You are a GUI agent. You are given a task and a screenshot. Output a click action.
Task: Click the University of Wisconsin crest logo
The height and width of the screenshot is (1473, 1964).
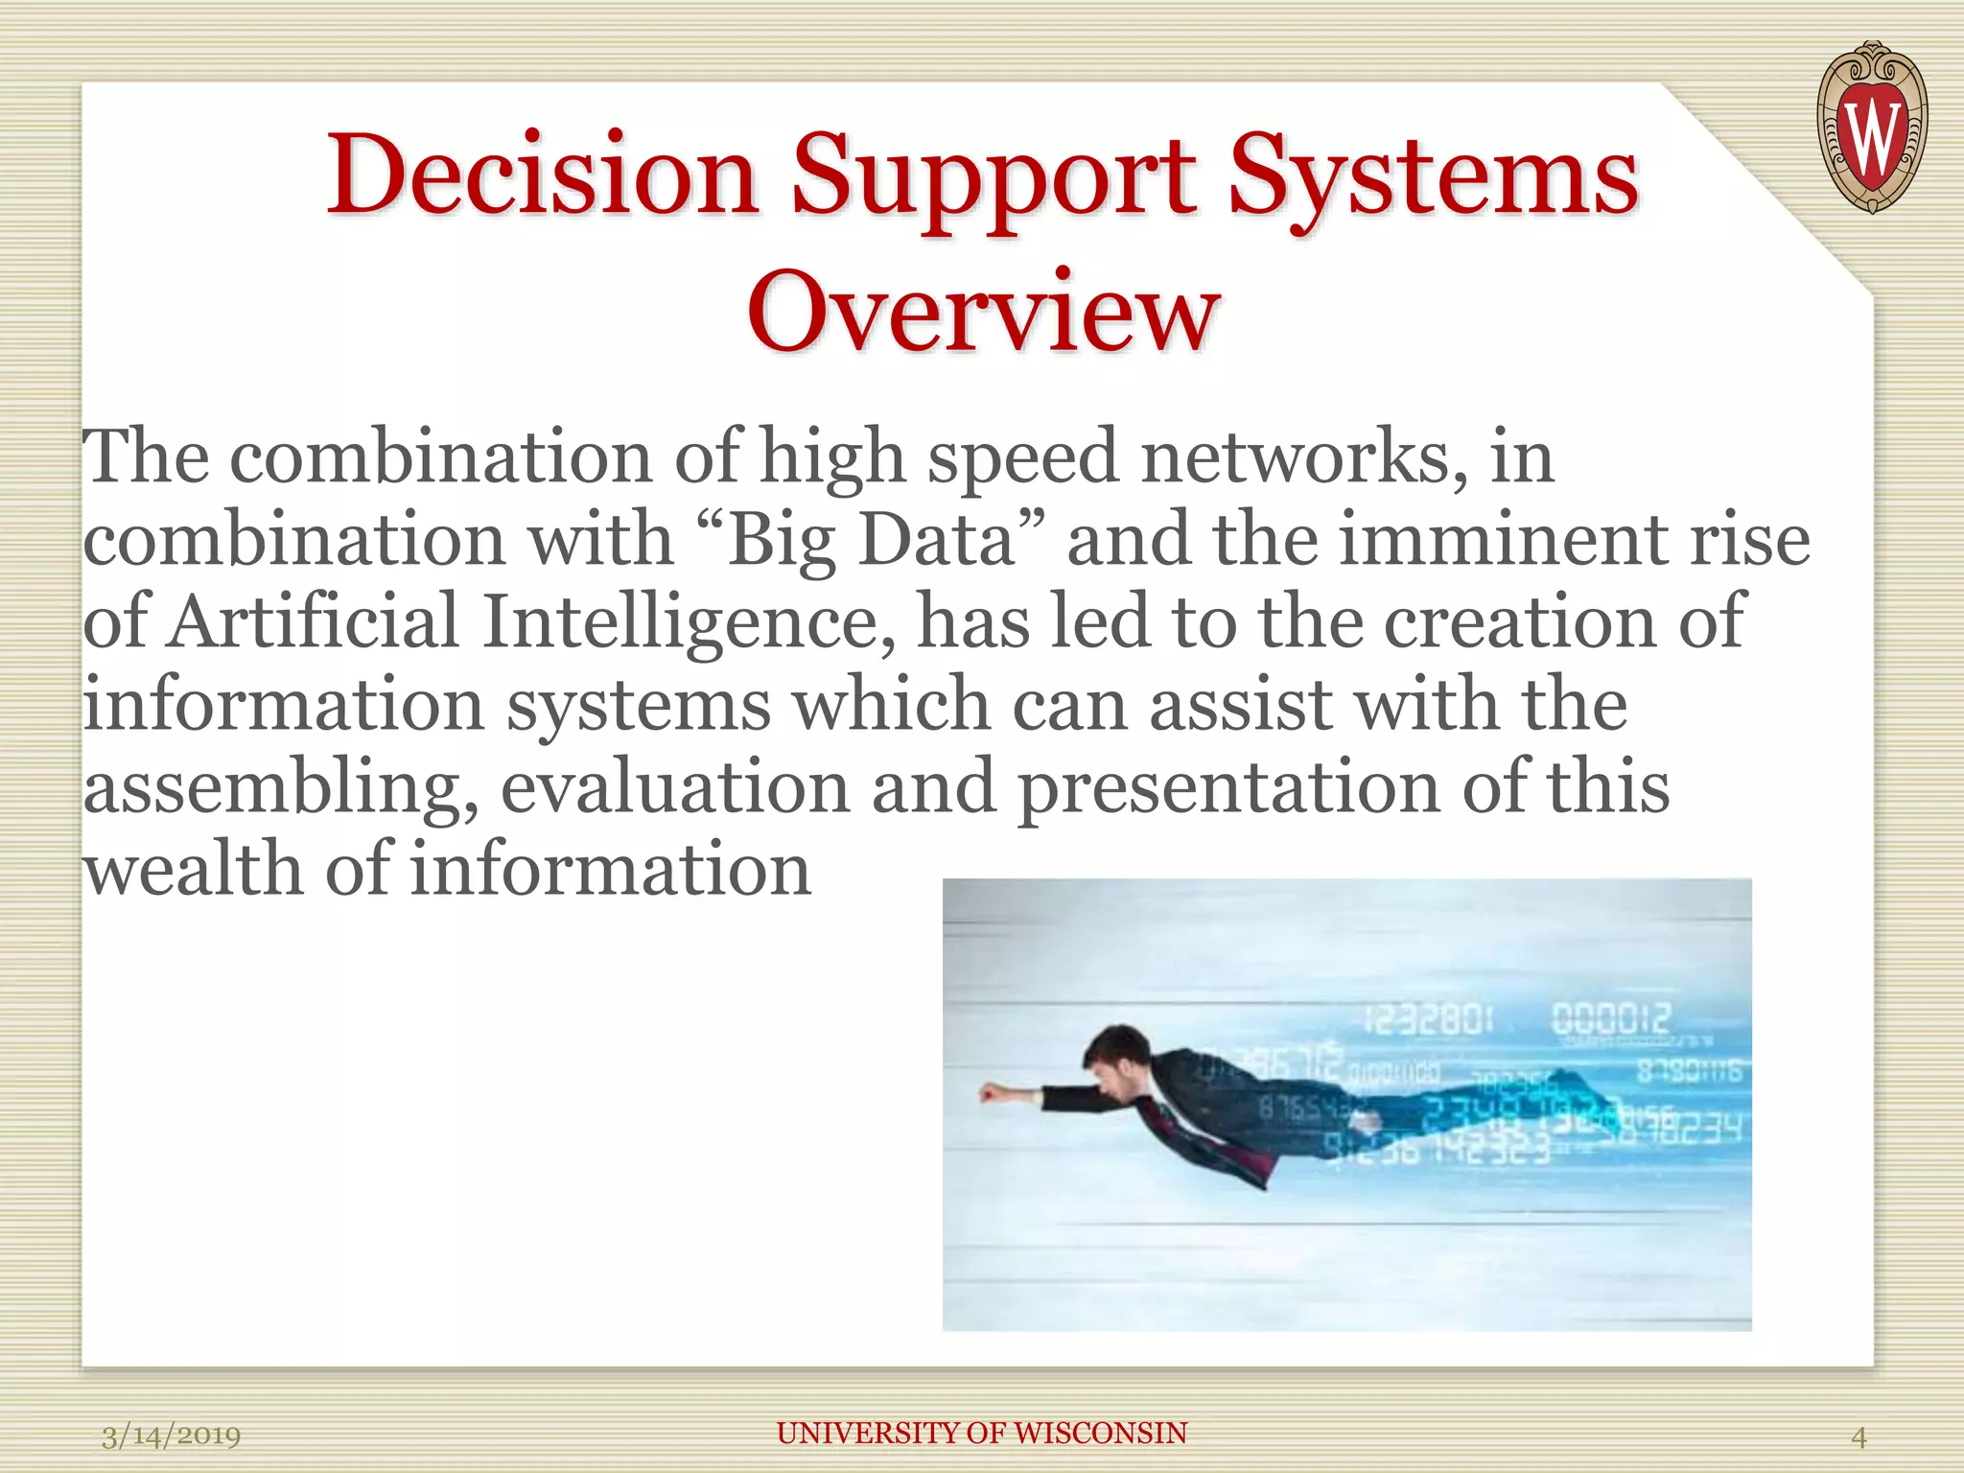click(x=1871, y=128)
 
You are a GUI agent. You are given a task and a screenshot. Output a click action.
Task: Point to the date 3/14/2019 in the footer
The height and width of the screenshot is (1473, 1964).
click(x=172, y=1436)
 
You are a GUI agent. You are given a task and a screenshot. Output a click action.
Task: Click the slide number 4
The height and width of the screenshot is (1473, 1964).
click(x=1858, y=1437)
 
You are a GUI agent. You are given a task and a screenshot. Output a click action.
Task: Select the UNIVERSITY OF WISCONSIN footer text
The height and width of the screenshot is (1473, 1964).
click(x=981, y=1433)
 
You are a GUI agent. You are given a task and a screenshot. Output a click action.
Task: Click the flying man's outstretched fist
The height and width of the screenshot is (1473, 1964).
click(x=991, y=1092)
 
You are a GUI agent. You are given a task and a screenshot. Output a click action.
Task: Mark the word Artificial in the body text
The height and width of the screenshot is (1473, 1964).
click(x=314, y=622)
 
